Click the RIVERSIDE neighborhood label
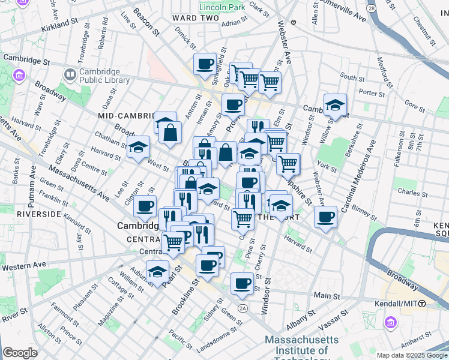click(39, 214)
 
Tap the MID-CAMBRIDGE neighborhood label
click(127, 114)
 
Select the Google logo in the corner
click(20, 353)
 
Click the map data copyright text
click(411, 355)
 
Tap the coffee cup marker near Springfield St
click(204, 64)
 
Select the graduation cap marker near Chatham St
click(138, 146)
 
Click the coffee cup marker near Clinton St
click(145, 206)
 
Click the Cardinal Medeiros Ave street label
click(361, 180)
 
